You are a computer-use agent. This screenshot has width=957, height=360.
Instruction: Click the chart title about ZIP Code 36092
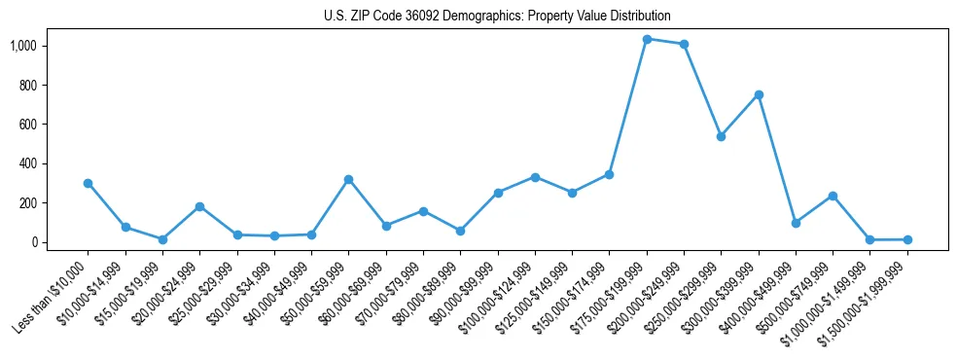click(x=497, y=17)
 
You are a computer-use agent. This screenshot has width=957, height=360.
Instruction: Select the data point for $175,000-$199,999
click(x=647, y=39)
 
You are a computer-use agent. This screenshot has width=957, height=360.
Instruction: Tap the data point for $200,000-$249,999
click(x=684, y=44)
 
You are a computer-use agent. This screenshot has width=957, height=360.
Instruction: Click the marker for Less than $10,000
click(x=88, y=183)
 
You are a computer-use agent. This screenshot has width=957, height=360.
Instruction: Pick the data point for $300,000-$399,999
click(x=759, y=94)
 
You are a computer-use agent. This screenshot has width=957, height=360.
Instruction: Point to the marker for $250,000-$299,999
click(x=721, y=136)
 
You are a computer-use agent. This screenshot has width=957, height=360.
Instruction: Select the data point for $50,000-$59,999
click(x=348, y=179)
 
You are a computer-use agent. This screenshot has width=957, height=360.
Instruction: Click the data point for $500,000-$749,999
click(x=833, y=196)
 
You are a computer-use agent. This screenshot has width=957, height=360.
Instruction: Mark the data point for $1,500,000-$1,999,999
click(x=907, y=239)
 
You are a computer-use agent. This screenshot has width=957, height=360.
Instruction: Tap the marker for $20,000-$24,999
click(x=199, y=206)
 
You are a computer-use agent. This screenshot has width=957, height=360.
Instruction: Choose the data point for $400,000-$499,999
click(x=796, y=223)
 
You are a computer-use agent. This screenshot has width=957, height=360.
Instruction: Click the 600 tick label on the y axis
click(x=27, y=125)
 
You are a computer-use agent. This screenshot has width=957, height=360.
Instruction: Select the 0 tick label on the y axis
click(x=33, y=242)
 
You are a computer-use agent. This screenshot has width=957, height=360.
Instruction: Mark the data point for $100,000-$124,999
click(x=535, y=177)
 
